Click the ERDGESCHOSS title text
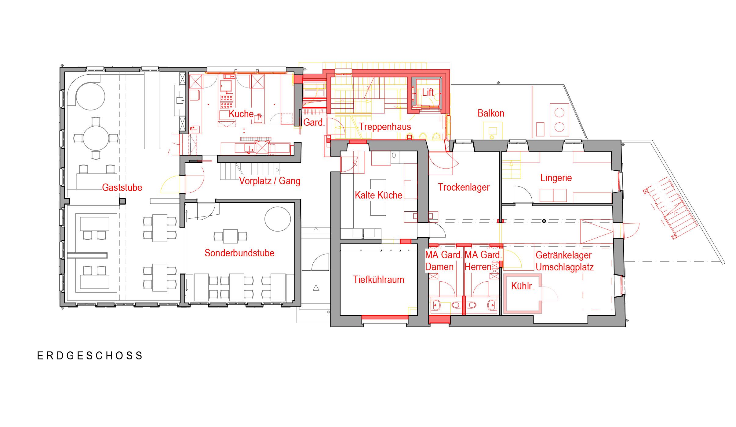(x=90, y=356)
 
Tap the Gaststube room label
(x=122, y=188)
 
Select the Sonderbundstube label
(x=239, y=253)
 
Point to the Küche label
(x=241, y=114)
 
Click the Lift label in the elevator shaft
(x=428, y=92)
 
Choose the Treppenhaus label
(x=385, y=127)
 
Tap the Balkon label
(x=491, y=113)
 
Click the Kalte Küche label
(x=378, y=195)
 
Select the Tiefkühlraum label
(x=378, y=280)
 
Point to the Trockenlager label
(x=464, y=187)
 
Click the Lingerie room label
(x=556, y=178)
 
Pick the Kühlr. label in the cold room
(x=523, y=286)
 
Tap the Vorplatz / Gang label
(x=270, y=181)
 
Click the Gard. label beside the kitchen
(x=314, y=122)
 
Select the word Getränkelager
(x=564, y=255)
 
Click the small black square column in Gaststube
(x=122, y=201)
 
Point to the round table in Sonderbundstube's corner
(x=278, y=220)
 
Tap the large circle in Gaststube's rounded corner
(x=90, y=96)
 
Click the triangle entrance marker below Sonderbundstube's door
(x=316, y=288)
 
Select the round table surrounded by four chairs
(x=96, y=138)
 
